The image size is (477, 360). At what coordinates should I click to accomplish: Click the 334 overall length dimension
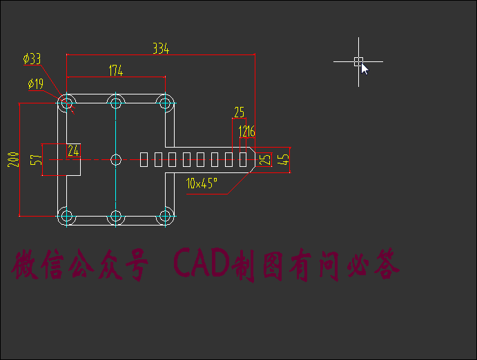pyautogui.click(x=161, y=49)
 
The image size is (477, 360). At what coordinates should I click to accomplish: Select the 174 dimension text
pyautogui.click(x=116, y=70)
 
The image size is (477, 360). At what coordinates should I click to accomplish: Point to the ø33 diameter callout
pyautogui.click(x=32, y=59)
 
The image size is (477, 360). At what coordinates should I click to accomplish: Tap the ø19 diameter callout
pyautogui.click(x=35, y=84)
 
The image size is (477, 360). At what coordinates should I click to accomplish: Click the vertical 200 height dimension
pyautogui.click(x=13, y=159)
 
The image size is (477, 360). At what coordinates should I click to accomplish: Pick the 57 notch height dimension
pyautogui.click(x=37, y=160)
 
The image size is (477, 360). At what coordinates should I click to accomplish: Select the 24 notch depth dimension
pyautogui.click(x=73, y=150)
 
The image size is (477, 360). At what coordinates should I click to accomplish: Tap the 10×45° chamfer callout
pyautogui.click(x=202, y=183)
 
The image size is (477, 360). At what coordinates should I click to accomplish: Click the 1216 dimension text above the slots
pyautogui.click(x=246, y=132)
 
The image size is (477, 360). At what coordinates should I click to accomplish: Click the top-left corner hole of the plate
pyautogui.click(x=66, y=104)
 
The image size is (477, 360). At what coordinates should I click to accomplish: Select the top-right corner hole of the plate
pyautogui.click(x=165, y=104)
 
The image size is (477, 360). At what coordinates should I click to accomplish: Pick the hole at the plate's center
pyautogui.click(x=116, y=159)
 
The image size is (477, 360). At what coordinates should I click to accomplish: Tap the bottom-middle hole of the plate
pyautogui.click(x=116, y=216)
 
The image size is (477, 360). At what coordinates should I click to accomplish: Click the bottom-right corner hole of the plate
pyautogui.click(x=165, y=216)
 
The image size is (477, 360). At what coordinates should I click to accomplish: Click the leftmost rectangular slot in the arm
pyautogui.click(x=144, y=159)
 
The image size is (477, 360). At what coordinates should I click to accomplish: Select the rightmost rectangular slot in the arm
pyautogui.click(x=242, y=159)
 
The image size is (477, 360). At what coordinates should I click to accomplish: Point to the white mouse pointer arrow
pyautogui.click(x=364, y=68)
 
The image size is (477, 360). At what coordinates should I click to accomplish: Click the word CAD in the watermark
pyautogui.click(x=202, y=265)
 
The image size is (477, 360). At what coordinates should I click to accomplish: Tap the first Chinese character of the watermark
pyautogui.click(x=26, y=266)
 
